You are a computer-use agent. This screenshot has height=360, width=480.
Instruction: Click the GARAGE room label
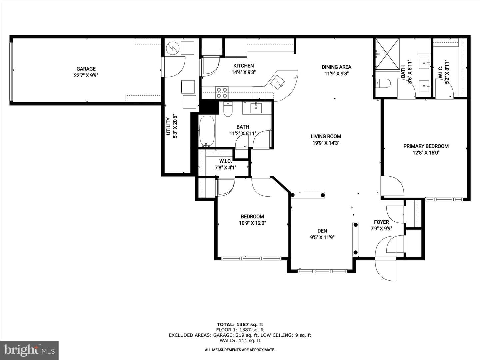(86, 69)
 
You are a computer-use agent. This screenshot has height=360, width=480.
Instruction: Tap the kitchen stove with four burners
(222, 93)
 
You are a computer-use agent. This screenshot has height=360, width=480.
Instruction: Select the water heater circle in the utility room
(173, 48)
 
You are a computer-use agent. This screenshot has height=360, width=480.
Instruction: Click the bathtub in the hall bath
(207, 131)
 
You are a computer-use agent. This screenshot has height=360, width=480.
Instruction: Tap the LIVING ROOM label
(326, 136)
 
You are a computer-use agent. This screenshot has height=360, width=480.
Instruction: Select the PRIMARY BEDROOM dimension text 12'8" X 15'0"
(426, 153)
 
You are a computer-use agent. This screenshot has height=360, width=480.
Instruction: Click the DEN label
(322, 231)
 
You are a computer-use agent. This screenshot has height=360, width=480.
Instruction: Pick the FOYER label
(381, 222)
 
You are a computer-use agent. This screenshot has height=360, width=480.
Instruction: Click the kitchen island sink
(278, 82)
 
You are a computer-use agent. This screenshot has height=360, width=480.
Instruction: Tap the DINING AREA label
(336, 67)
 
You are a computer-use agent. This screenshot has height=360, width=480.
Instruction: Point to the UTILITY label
(168, 126)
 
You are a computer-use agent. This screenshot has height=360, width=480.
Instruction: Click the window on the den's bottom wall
(322, 271)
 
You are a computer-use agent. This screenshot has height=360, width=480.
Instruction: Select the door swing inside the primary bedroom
(393, 186)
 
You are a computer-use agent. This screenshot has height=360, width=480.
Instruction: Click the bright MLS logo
(29, 350)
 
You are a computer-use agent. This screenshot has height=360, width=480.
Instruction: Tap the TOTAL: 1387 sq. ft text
(240, 324)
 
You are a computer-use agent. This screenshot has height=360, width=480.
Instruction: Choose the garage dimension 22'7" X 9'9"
(86, 75)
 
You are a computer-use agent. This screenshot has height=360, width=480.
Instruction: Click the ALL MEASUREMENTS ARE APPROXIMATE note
(240, 350)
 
